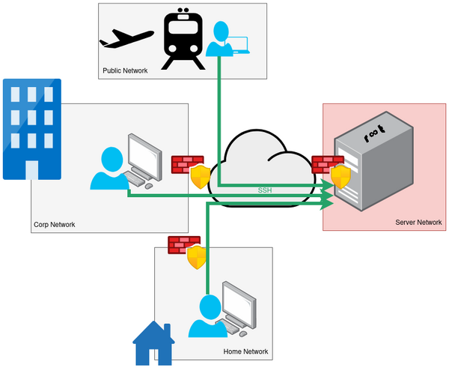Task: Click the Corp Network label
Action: (x=55, y=224)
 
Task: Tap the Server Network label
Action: (x=418, y=223)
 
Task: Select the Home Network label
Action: (x=245, y=352)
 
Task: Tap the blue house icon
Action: (x=153, y=344)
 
